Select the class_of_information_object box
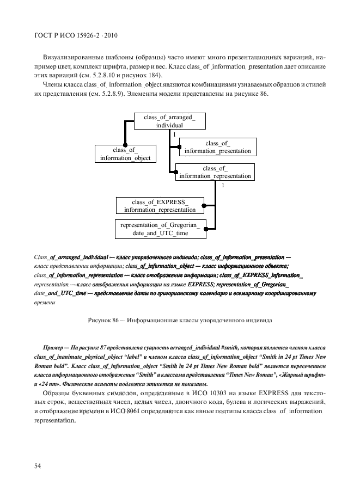[125, 154]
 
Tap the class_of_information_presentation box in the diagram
[217, 147]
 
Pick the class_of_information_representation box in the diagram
[215, 172]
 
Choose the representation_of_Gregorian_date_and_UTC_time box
[160, 229]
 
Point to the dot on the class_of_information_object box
[125, 145]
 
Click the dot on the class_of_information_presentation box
[179, 146]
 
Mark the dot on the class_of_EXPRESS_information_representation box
[204, 206]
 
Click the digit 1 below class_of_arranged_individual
[174, 133]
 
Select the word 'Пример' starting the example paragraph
[53, 347]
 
